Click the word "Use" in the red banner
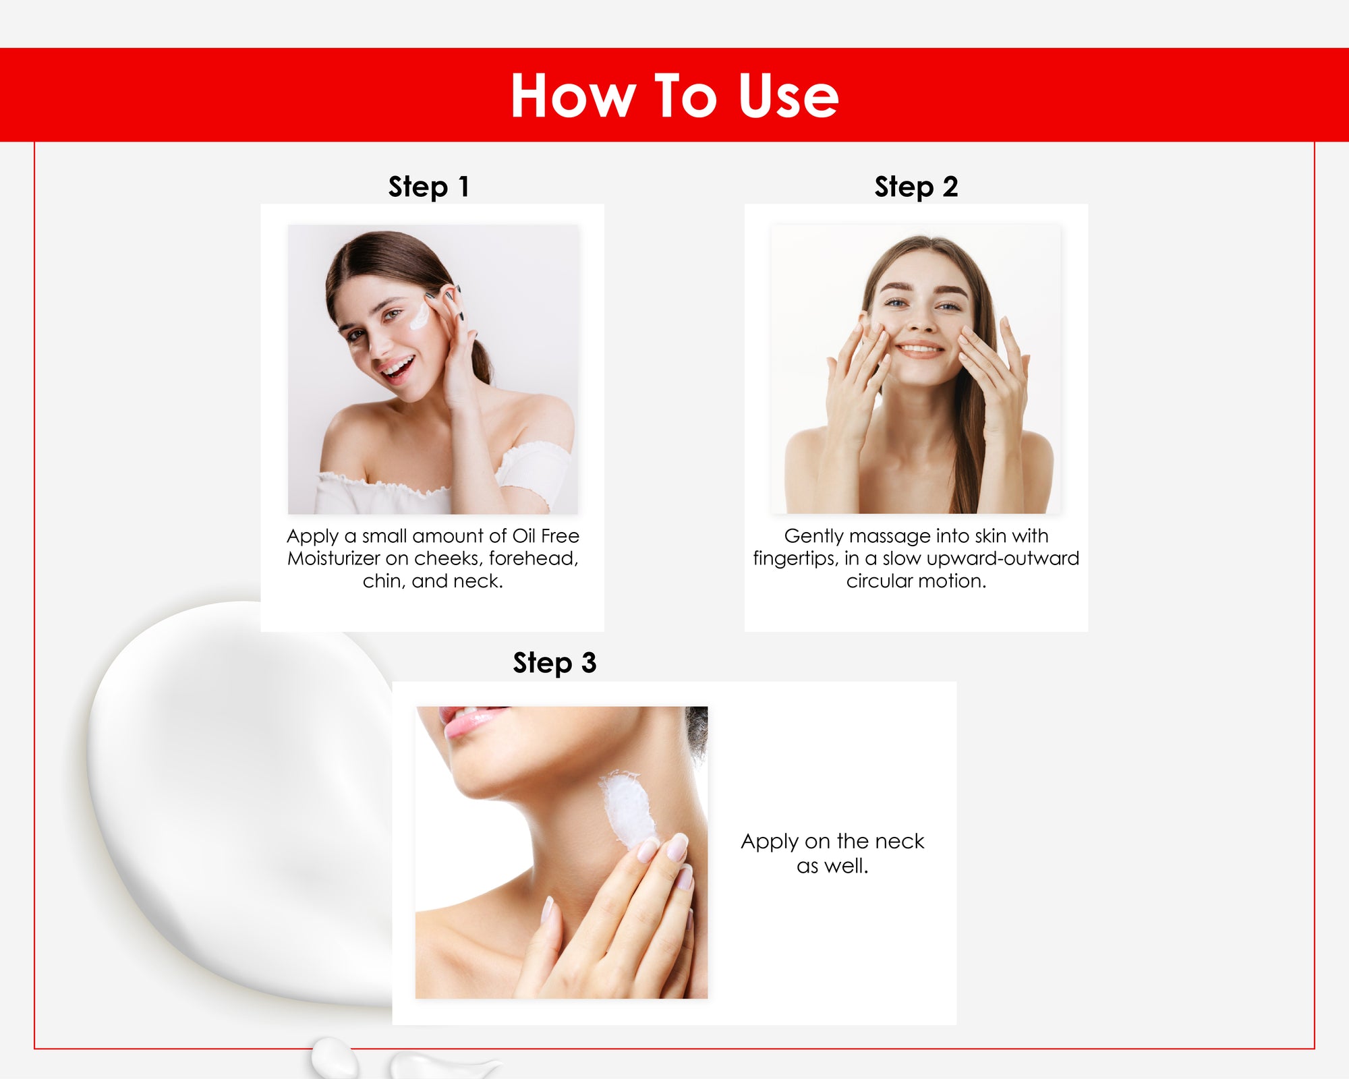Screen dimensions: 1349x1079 click(788, 96)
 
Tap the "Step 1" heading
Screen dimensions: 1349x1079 click(428, 187)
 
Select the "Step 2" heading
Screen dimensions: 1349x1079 click(916, 187)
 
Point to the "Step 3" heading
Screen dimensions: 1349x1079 click(554, 663)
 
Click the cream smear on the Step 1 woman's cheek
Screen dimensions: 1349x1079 click(420, 316)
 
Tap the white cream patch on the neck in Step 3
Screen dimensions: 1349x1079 click(629, 809)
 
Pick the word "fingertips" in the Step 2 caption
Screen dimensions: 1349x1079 click(796, 559)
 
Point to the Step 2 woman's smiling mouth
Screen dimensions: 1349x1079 click(920, 349)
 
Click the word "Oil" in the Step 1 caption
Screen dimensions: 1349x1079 click(523, 536)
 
